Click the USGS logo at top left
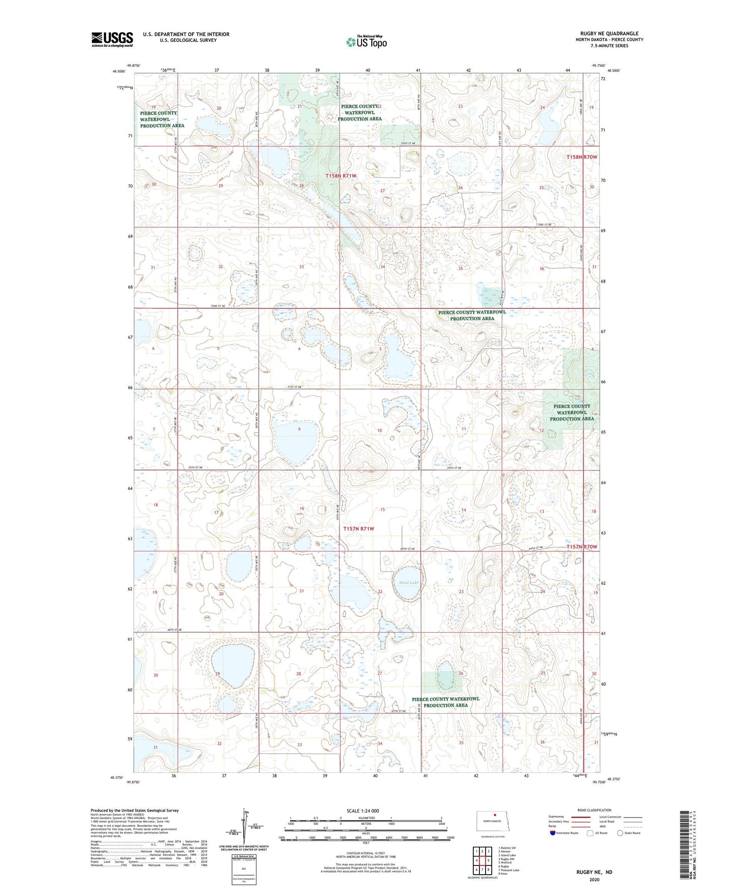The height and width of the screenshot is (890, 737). pos(112,39)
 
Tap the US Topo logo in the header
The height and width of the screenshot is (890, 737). pos(366,42)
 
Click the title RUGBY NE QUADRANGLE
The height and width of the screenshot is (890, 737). pos(609,34)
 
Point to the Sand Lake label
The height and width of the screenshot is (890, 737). pos(409,582)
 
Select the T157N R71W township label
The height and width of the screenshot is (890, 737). pos(359,529)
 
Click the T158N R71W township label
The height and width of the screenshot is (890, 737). pos(341,175)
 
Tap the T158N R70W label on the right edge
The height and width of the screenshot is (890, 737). pos(581,157)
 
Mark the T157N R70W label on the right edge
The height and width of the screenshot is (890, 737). pos(581,546)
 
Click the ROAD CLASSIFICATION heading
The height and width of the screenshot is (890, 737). pos(594,810)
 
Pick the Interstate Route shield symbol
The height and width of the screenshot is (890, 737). pos(553,833)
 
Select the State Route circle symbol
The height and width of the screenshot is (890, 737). pos(620,833)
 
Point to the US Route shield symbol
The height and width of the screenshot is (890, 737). pos(590,833)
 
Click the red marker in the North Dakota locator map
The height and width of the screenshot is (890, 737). pos(495,815)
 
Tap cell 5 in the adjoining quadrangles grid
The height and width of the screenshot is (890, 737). pos(489,860)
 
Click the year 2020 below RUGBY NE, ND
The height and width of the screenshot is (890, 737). pos(594,879)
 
